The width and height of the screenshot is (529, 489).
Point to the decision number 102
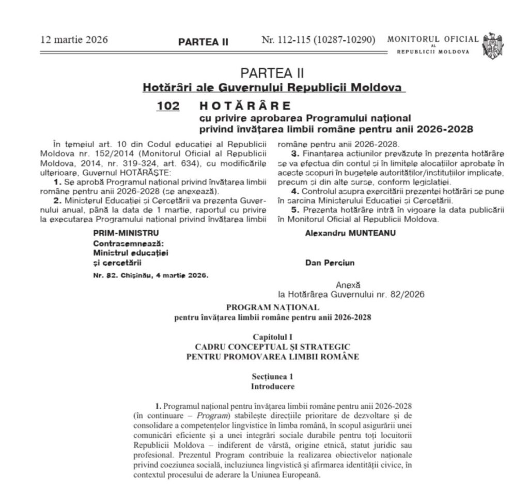[x=169, y=106]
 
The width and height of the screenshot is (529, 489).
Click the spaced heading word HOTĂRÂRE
[x=245, y=106]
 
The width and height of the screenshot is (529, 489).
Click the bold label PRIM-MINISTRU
[x=126, y=233]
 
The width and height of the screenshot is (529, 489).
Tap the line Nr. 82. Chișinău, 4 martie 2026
[x=150, y=276]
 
